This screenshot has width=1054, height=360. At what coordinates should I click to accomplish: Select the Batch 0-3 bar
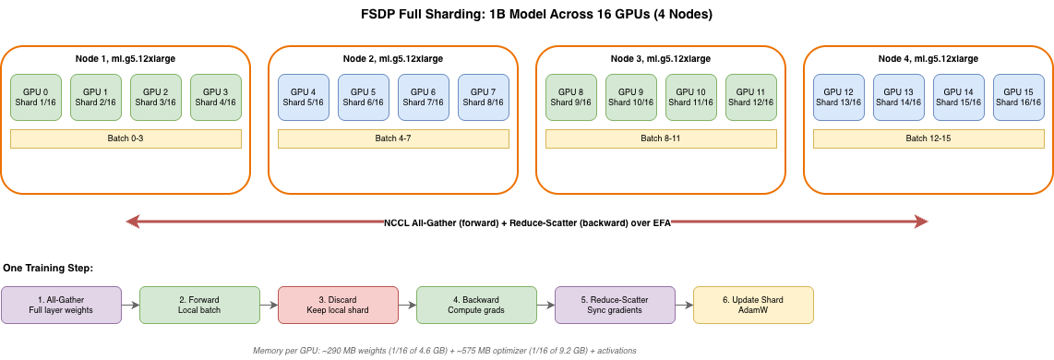pos(126,138)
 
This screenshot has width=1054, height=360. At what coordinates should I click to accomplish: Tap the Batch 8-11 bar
pos(661,138)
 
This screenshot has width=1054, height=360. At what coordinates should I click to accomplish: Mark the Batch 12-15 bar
pos(928,138)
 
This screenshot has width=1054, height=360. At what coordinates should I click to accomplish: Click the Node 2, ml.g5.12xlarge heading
pos(393,58)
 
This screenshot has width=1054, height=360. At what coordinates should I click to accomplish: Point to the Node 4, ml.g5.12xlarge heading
pos(928,58)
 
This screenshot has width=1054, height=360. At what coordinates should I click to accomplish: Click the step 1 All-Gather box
pos(61,305)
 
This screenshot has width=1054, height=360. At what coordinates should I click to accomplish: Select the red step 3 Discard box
pos(338,305)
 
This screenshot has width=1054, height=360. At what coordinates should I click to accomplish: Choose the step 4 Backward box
pos(476,305)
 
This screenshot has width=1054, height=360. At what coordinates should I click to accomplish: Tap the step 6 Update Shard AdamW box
pos(753,305)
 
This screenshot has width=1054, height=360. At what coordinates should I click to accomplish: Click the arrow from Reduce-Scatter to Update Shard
pos(684,305)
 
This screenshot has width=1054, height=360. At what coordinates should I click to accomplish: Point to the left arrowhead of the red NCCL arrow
pos(134,222)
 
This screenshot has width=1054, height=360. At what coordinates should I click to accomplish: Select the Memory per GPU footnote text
pos(444,351)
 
